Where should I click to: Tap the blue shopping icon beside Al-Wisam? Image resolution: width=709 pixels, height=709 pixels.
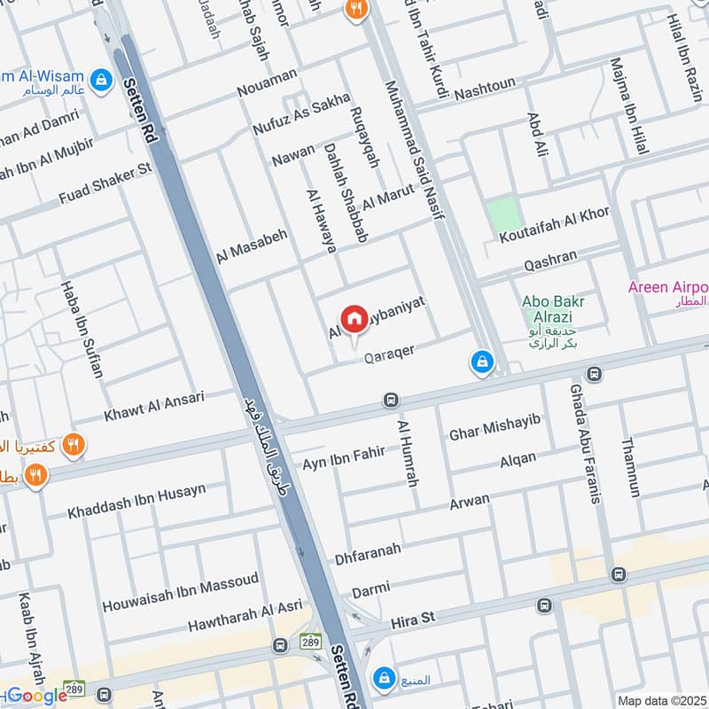tap(103, 80)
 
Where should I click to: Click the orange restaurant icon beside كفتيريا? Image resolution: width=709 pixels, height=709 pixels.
tap(74, 445)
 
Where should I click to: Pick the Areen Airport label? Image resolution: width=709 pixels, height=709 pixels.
tap(667, 287)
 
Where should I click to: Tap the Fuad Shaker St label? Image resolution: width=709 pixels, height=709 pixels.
tap(105, 185)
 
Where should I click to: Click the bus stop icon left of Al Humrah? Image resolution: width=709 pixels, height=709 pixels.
tap(390, 401)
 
